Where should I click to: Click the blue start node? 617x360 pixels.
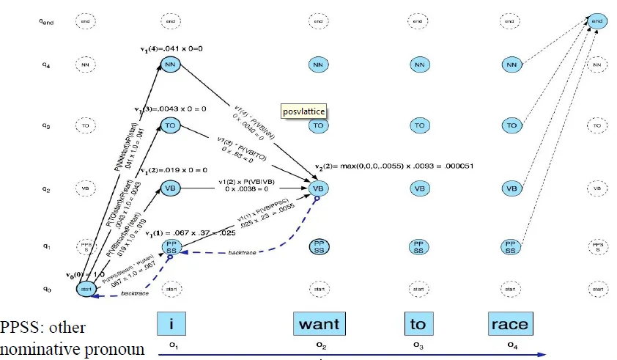pos(86,289)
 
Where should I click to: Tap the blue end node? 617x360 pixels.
pos(600,22)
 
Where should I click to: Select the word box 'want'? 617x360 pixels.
pos(319,323)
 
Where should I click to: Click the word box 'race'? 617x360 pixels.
pos(509,323)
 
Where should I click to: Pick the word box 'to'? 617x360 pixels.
pos(418,323)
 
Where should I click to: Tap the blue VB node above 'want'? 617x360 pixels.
pos(318,188)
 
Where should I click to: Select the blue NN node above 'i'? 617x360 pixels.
pos(170,65)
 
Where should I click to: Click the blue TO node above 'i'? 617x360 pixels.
pos(170,125)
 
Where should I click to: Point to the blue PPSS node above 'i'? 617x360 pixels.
pos(170,247)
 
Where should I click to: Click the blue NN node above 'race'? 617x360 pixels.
pos(511,65)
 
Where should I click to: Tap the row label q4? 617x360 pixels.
pos(45,65)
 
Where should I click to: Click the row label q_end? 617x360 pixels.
pos(45,22)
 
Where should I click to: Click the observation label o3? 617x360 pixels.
pos(418,343)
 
